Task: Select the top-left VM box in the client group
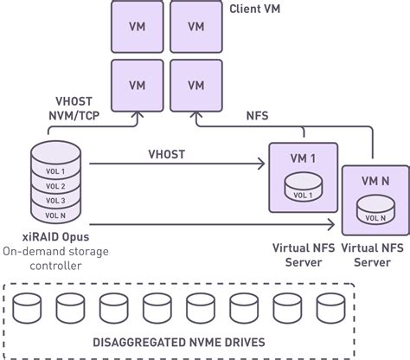[x=137, y=25]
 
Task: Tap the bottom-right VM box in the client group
[x=195, y=85]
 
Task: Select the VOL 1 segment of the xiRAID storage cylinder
[x=55, y=170]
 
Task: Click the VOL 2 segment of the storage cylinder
[x=55, y=186]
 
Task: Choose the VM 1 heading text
[x=303, y=158]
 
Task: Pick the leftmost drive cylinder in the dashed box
[x=26, y=307]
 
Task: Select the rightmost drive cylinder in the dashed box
[x=329, y=307]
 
